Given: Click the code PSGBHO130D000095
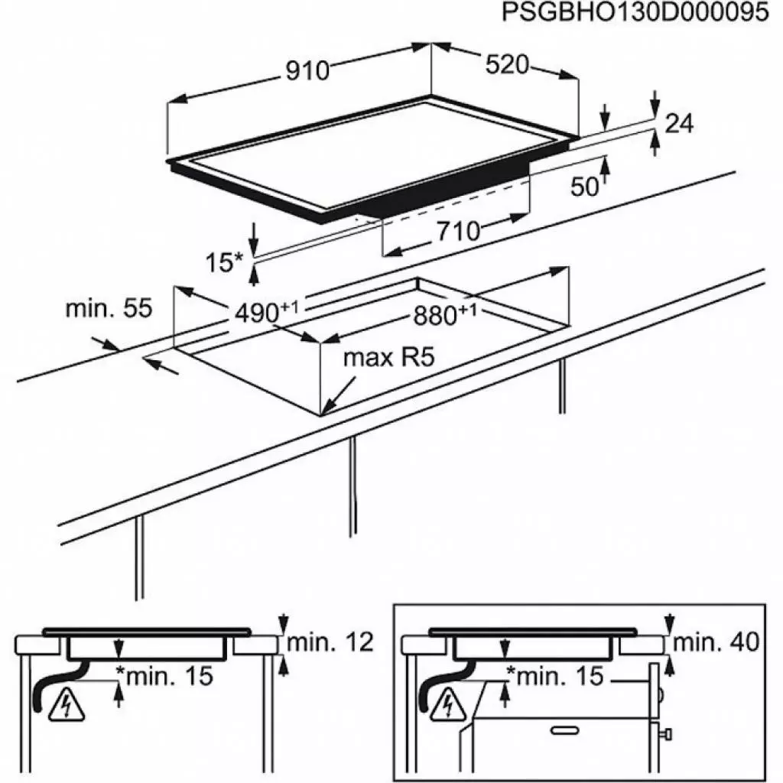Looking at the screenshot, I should tap(635, 13).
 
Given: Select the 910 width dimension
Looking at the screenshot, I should tap(307, 70).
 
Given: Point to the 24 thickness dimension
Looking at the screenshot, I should tap(679, 123).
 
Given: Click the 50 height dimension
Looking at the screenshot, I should tap(586, 187).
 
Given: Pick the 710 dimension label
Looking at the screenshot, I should tap(458, 230).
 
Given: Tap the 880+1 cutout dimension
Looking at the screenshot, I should tap(444, 313).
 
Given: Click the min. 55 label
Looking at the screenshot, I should tap(109, 309).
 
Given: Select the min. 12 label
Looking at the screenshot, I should tap(330, 643).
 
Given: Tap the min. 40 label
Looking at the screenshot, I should tap(716, 642).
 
